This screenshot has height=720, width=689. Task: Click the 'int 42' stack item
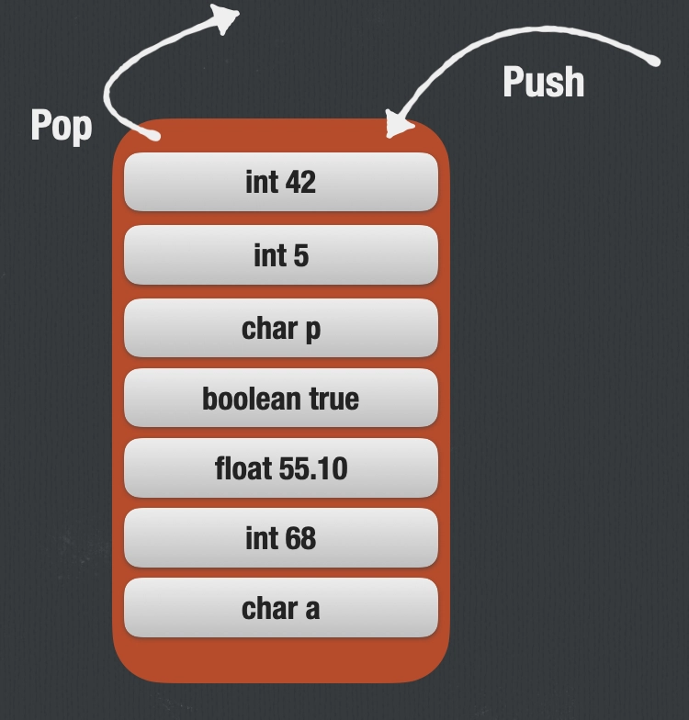[x=280, y=182]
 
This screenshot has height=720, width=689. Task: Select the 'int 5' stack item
[x=280, y=255]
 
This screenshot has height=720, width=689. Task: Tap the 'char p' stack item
[x=280, y=328]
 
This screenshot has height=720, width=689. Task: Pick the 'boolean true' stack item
[x=280, y=399]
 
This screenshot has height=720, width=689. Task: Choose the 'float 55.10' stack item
[x=280, y=468]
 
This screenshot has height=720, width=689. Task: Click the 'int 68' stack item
[x=280, y=538]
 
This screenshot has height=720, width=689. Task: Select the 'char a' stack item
[x=280, y=608]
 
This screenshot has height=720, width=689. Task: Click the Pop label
[x=62, y=125]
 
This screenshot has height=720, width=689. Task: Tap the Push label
[x=543, y=82]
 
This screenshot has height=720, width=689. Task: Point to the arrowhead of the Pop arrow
[x=225, y=17]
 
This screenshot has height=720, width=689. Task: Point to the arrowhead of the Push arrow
[x=397, y=128]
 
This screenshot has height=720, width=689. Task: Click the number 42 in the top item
[x=299, y=182]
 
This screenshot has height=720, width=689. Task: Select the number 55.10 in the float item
[x=313, y=468]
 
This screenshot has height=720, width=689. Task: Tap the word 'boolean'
[x=241, y=399]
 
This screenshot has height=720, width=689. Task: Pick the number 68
[x=299, y=538]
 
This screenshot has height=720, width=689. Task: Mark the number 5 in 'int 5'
[x=300, y=255]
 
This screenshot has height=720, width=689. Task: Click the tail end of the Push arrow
[x=655, y=62]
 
